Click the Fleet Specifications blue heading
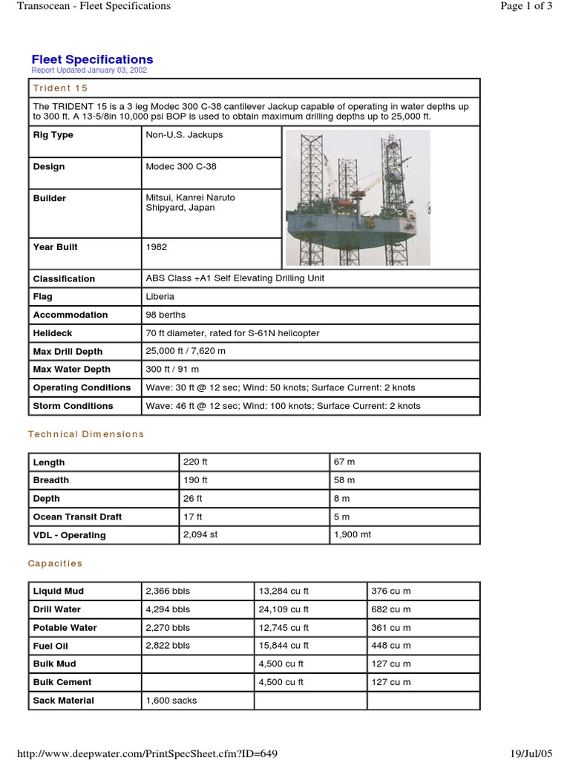pos(92,59)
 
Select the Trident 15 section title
pos(60,88)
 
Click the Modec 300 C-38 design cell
pos(181,167)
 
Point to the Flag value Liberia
pos(160,297)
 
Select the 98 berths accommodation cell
pos(166,315)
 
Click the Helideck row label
pos(53,333)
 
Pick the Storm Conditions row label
pos(73,406)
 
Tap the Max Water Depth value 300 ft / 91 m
pos(172,370)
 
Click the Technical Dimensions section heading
pos(86,434)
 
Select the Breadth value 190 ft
pos(195,480)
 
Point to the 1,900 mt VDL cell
pos(353,535)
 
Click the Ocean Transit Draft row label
pos(77,517)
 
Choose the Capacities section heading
pos(55,563)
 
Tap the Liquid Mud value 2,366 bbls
pos(168,592)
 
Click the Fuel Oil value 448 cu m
pos(390,646)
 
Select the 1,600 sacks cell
pos(171,701)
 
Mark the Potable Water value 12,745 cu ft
pos(284,628)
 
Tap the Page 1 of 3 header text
pos(527,6)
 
